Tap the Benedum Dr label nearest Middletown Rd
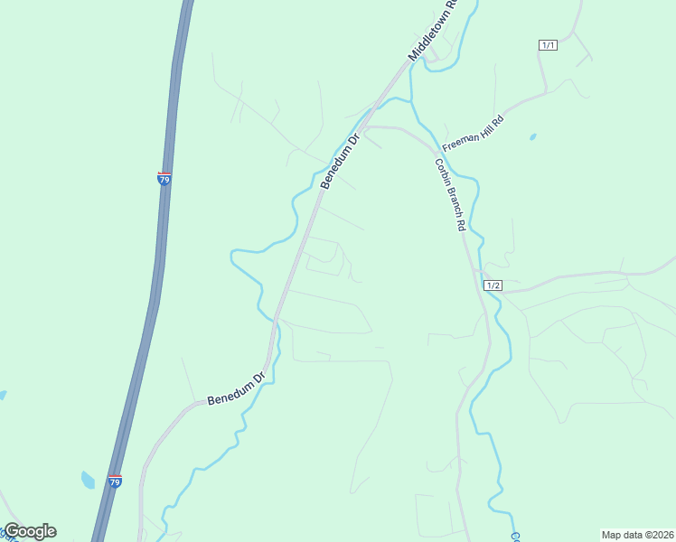coord(340,161)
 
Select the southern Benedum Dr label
coord(236,386)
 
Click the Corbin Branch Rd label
coord(449,195)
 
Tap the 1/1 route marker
coord(548,45)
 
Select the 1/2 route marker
coord(493,285)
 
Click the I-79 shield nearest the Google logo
coord(115,482)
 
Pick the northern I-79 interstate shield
coord(164,179)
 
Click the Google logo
coord(30,531)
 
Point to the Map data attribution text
coord(637,535)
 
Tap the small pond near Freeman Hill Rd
coord(532,137)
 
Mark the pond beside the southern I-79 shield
coord(88,480)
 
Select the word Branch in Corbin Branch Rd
coord(451,199)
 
